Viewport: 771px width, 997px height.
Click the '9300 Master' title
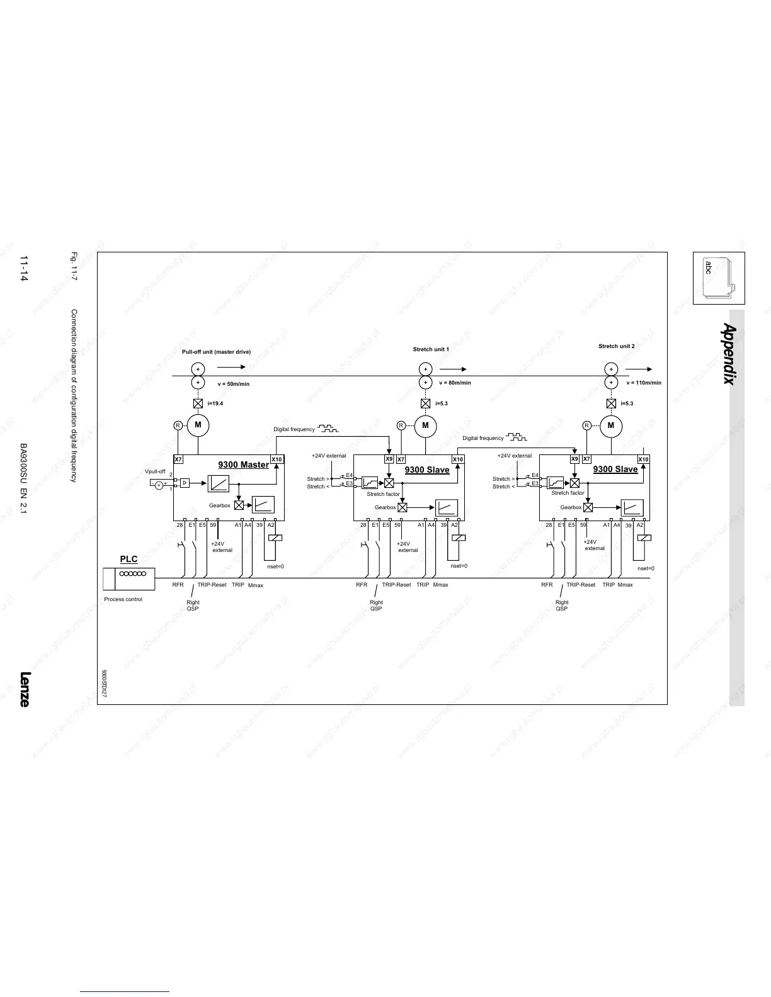(243, 465)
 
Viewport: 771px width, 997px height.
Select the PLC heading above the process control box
(128, 559)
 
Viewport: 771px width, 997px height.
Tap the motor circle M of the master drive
(198, 425)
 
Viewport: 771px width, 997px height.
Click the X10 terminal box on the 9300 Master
(277, 459)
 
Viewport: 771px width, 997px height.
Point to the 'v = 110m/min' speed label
(644, 383)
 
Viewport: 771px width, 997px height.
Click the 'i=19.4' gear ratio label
(215, 403)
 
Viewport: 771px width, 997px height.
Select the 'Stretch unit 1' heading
(431, 349)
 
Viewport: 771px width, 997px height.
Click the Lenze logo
(24, 689)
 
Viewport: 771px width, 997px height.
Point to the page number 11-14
(24, 269)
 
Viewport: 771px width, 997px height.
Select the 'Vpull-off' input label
(155, 471)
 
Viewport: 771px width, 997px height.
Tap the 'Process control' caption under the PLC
(123, 599)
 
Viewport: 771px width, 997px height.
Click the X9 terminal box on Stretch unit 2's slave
(574, 459)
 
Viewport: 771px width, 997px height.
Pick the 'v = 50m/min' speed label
(234, 383)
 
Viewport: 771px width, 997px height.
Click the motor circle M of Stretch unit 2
(610, 425)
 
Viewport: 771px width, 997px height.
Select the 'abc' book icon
(718, 278)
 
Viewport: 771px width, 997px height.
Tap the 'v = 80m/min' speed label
(455, 383)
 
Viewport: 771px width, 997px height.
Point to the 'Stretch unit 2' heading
(616, 346)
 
